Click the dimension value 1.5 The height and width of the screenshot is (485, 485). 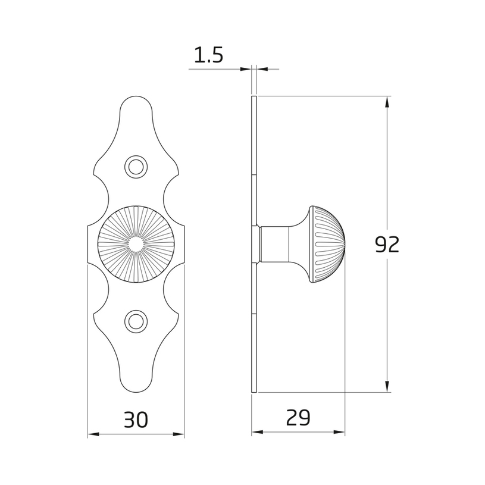tap(208, 56)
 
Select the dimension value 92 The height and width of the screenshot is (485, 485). tap(387, 245)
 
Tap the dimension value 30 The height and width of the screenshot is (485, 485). tap(136, 420)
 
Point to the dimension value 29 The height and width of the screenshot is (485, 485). tap(298, 418)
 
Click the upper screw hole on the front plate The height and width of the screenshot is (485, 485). tap(136, 167)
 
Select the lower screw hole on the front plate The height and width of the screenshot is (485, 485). tap(136, 321)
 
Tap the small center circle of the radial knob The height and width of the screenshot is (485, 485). tap(136, 244)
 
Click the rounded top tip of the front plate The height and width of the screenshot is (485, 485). tap(136, 96)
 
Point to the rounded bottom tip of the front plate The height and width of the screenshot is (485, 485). tap(136, 392)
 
